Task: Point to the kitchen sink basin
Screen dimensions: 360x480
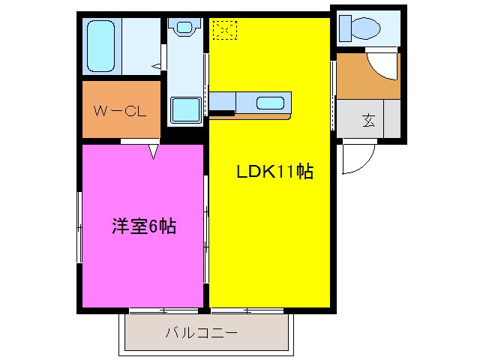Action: (270, 103)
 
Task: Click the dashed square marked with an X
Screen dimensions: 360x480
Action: (224, 30)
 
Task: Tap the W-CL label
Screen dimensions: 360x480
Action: (119, 112)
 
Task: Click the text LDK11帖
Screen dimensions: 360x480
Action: (274, 172)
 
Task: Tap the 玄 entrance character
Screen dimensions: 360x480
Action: (369, 121)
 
